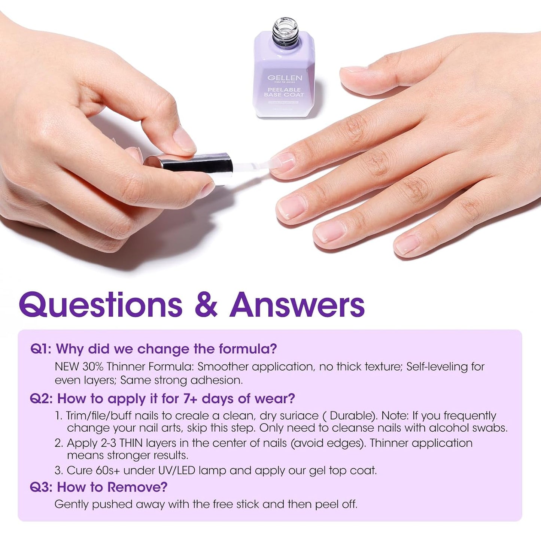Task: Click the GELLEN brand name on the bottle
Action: [x=285, y=77]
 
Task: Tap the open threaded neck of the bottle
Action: [x=285, y=28]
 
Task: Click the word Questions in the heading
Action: [x=101, y=305]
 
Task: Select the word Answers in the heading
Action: [x=297, y=305]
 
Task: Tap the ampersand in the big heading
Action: [x=206, y=305]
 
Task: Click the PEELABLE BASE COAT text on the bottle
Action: [x=284, y=92]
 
